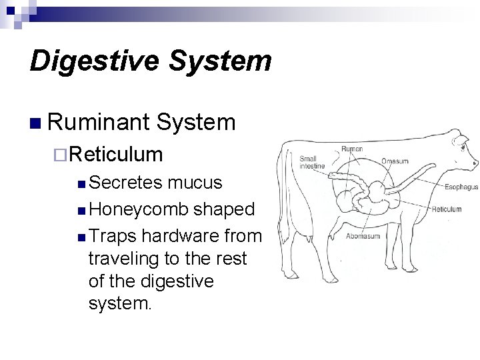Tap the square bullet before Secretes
click(81, 183)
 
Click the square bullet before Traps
click(81, 237)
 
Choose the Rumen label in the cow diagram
click(352, 148)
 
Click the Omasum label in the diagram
click(395, 161)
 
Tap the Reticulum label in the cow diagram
click(446, 209)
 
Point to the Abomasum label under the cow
click(363, 235)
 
